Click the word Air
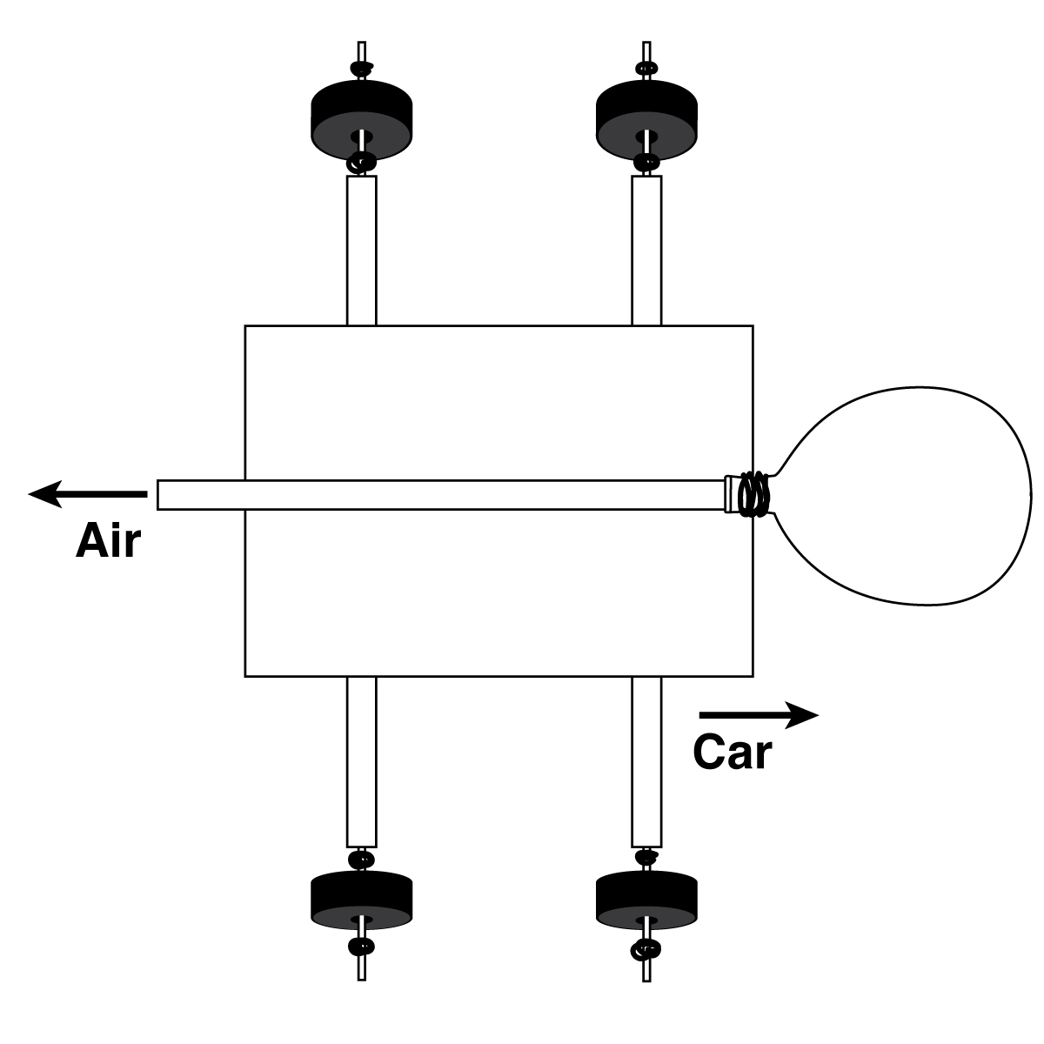point(108,541)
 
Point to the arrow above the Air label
point(87,494)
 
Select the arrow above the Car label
point(758,715)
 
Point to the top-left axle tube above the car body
point(361,251)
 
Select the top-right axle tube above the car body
point(646,251)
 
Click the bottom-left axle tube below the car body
point(361,761)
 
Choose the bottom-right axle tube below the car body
point(646,761)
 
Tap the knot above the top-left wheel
point(361,68)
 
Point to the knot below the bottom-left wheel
point(361,947)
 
